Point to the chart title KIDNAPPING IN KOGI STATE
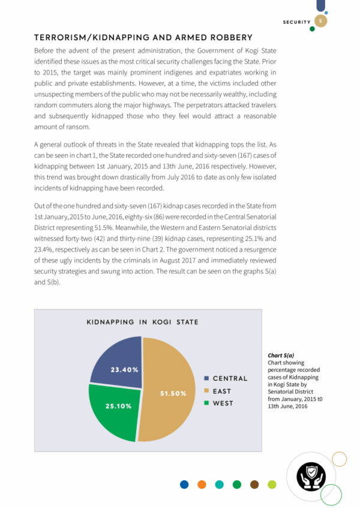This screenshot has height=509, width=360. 143,322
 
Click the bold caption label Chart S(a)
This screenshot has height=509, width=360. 281,356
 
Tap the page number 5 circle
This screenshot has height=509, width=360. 321,22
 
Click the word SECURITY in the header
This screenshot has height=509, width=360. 297,22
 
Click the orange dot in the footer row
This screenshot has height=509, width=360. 202,484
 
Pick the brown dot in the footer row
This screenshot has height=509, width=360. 254,484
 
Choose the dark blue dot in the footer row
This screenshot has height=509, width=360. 184,484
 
